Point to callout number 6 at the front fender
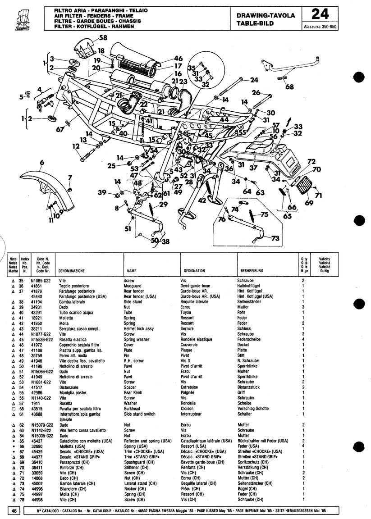[42, 162]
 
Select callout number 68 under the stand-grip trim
[289, 86]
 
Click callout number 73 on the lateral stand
[275, 239]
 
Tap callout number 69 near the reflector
[309, 203]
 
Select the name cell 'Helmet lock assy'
[139, 328]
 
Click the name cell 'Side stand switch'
[140, 414]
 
